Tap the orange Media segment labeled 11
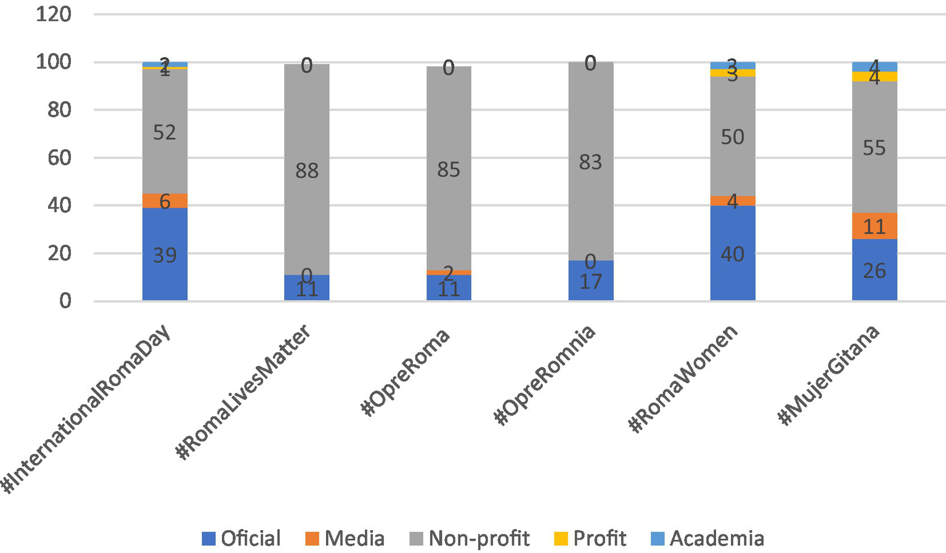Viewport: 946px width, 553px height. click(874, 226)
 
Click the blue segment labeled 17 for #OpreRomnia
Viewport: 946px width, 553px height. click(590, 281)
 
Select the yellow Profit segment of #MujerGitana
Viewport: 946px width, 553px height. click(874, 76)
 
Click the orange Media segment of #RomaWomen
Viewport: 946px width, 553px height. click(732, 201)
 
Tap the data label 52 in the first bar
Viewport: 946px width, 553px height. click(165, 132)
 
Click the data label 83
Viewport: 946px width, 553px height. click(590, 162)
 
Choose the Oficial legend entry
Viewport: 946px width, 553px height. click(241, 538)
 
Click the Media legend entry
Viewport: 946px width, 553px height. click(345, 538)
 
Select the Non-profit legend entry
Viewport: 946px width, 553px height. click(469, 538)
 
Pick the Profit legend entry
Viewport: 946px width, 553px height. click(590, 538)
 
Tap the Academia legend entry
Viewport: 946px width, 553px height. click(707, 538)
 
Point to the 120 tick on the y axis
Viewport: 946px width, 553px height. click(54, 14)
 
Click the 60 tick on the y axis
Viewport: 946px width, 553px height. click(59, 157)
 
